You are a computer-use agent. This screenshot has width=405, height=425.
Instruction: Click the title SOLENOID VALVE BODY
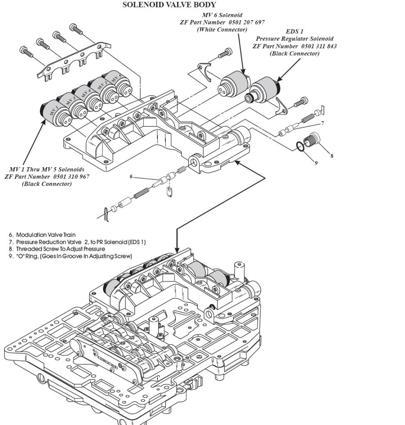tap(169, 5)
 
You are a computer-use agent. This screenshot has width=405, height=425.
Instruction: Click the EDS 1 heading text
tap(295, 32)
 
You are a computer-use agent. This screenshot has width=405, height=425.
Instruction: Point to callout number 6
tap(131, 176)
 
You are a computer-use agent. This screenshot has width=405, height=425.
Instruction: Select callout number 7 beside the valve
tap(322, 124)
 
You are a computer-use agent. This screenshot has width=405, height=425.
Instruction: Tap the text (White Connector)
tap(222, 29)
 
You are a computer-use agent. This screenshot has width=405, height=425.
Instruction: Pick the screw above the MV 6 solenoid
tap(225, 53)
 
